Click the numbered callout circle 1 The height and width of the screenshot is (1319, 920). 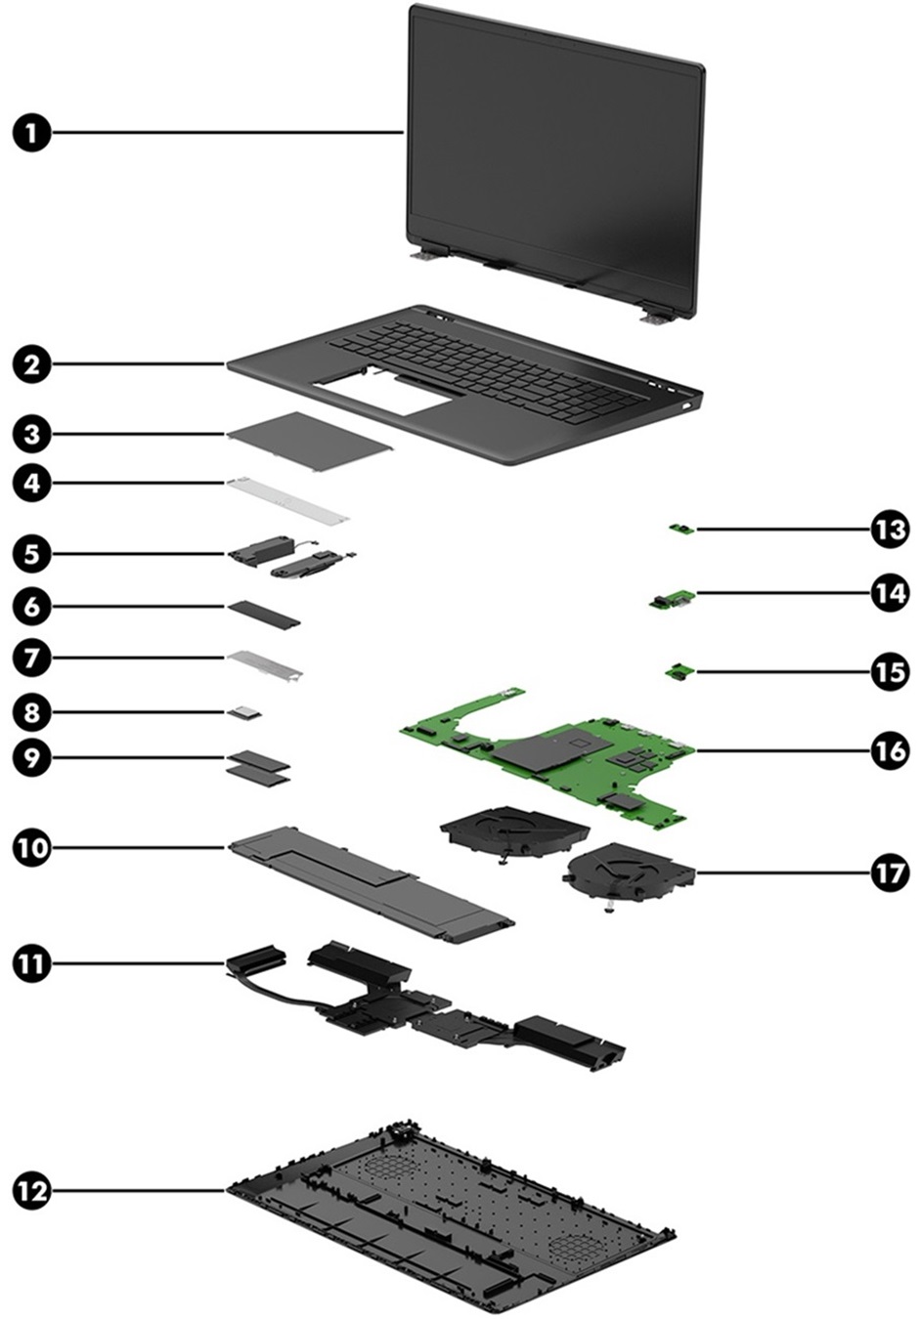point(32,132)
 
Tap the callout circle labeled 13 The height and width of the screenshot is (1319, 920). point(890,530)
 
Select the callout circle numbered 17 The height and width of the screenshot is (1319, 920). point(890,872)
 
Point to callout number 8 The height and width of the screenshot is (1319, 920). point(32,712)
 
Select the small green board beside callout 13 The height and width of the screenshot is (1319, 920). point(681,530)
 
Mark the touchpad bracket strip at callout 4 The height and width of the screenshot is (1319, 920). point(287,497)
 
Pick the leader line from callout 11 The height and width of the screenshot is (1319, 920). point(147,963)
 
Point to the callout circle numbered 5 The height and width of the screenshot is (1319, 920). point(32,554)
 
